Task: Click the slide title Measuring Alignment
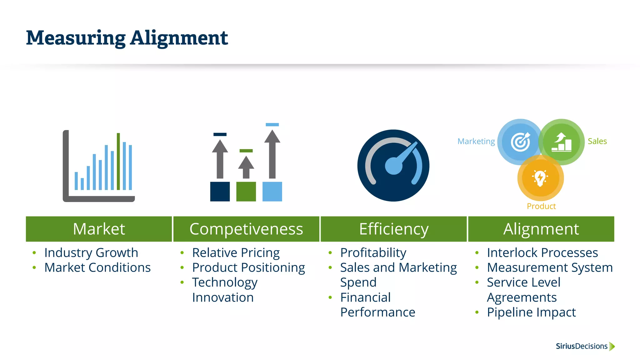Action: (x=127, y=38)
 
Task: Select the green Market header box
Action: (x=99, y=229)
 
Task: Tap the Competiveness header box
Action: (x=246, y=229)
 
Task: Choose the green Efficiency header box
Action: (x=393, y=229)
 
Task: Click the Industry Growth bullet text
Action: (x=91, y=252)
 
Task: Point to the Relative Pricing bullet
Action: (x=236, y=252)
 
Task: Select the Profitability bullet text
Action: (x=373, y=252)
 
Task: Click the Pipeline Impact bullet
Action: (x=531, y=312)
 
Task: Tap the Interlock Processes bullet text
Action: (x=542, y=252)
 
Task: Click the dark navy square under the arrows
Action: (x=220, y=192)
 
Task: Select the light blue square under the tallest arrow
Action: (x=272, y=192)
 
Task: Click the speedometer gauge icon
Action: (x=393, y=166)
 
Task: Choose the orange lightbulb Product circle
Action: (x=540, y=178)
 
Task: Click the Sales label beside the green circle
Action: (x=597, y=141)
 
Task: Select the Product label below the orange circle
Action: (x=541, y=206)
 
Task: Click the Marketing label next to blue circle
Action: (x=476, y=141)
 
